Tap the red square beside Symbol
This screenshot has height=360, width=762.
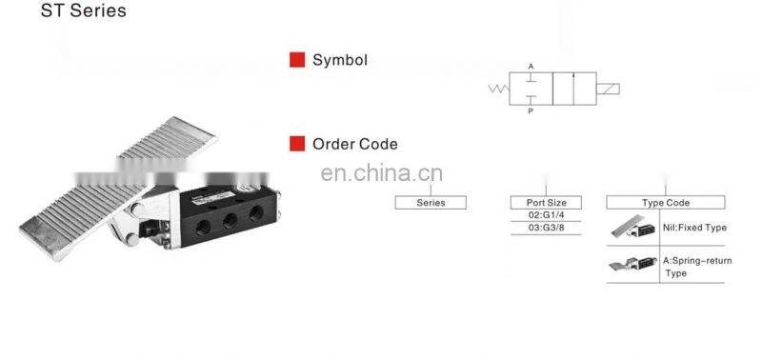point(297,60)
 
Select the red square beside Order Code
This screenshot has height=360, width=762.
point(297,144)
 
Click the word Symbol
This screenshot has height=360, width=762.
point(340,60)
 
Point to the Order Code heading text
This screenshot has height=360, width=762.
point(355,145)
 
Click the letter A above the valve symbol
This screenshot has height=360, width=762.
point(531,66)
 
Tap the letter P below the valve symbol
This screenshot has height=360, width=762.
point(531,111)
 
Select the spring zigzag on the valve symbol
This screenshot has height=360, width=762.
point(497,90)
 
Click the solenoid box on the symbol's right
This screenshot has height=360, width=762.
point(607,90)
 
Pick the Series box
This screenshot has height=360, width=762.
point(431,202)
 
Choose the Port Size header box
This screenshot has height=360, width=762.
point(546,202)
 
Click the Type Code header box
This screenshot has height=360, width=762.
point(665,202)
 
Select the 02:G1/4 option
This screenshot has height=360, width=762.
point(546,216)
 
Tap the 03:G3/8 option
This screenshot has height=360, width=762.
point(546,230)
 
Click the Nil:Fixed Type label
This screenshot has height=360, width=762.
point(694,229)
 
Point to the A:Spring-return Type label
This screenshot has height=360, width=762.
point(696,266)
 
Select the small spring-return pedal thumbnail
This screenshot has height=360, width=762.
point(631,266)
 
